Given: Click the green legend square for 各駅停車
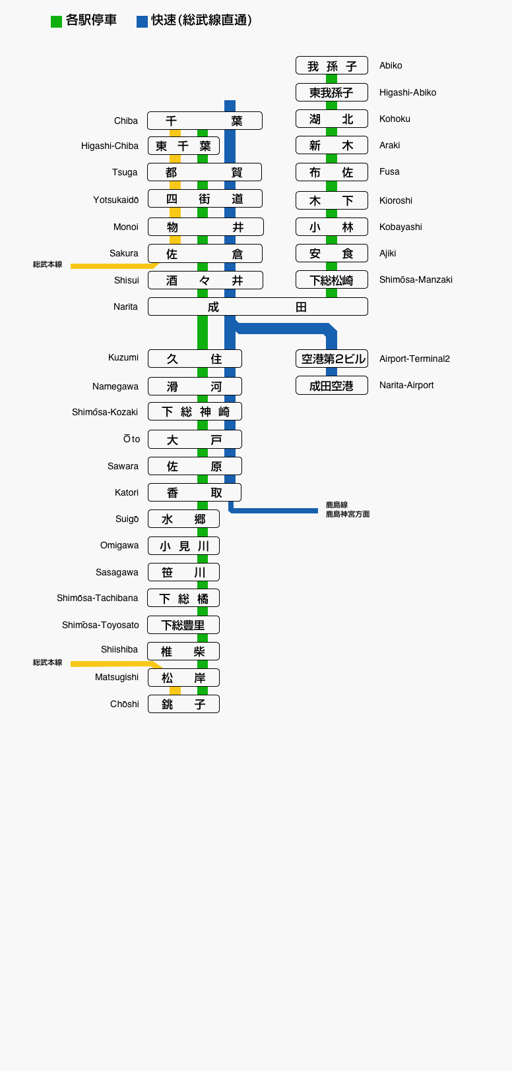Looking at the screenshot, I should [56, 22].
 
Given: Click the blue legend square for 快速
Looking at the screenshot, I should [142, 22].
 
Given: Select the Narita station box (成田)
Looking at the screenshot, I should [257, 306].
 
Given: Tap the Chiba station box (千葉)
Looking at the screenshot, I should [205, 121].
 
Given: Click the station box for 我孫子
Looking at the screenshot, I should [331, 66].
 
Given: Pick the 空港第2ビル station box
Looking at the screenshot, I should [331, 359].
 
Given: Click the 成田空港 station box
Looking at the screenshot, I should [331, 386].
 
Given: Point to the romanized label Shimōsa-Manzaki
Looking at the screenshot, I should [416, 279].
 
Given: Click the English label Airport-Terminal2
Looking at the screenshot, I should [414, 359].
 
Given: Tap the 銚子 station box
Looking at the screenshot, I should [183, 704].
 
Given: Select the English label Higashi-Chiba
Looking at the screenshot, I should [110, 146].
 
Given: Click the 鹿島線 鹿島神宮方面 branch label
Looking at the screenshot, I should [347, 509].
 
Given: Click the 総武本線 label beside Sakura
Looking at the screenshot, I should [48, 264].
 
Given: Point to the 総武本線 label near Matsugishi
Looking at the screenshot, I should [48, 662].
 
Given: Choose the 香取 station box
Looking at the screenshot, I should [195, 492].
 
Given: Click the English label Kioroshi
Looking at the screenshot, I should [396, 200].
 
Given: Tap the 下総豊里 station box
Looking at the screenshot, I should [183, 625].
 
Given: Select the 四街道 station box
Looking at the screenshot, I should [205, 199].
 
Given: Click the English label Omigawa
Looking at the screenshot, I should [119, 545].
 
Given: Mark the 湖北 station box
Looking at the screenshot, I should [331, 119].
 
